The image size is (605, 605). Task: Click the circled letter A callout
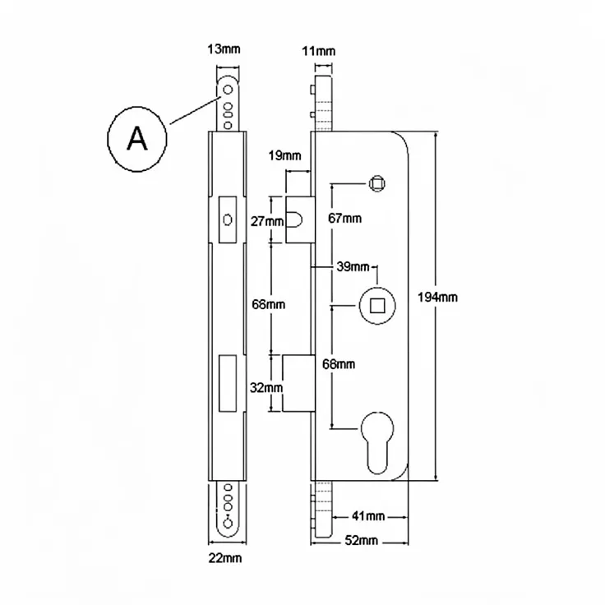137,139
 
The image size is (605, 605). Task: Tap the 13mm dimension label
224,49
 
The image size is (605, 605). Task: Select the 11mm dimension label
318,51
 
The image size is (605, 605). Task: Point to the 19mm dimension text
284,155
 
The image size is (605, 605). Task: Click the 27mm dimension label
267,221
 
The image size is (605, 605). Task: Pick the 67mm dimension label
345,219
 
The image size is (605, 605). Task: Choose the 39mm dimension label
353,266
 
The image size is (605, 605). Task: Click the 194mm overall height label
437,297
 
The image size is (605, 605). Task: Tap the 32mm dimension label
266,387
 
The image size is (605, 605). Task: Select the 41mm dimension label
368,516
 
